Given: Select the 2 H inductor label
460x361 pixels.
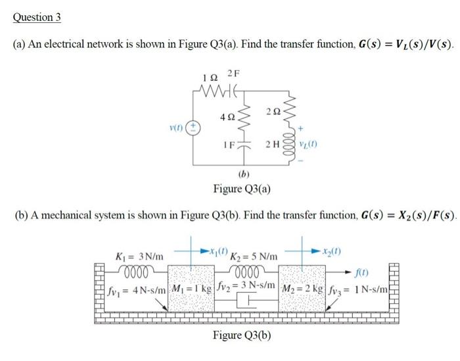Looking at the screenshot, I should (x=275, y=146).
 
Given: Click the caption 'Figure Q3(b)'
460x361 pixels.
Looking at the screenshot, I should (x=242, y=335).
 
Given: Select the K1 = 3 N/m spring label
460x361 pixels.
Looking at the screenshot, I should (x=140, y=254).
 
